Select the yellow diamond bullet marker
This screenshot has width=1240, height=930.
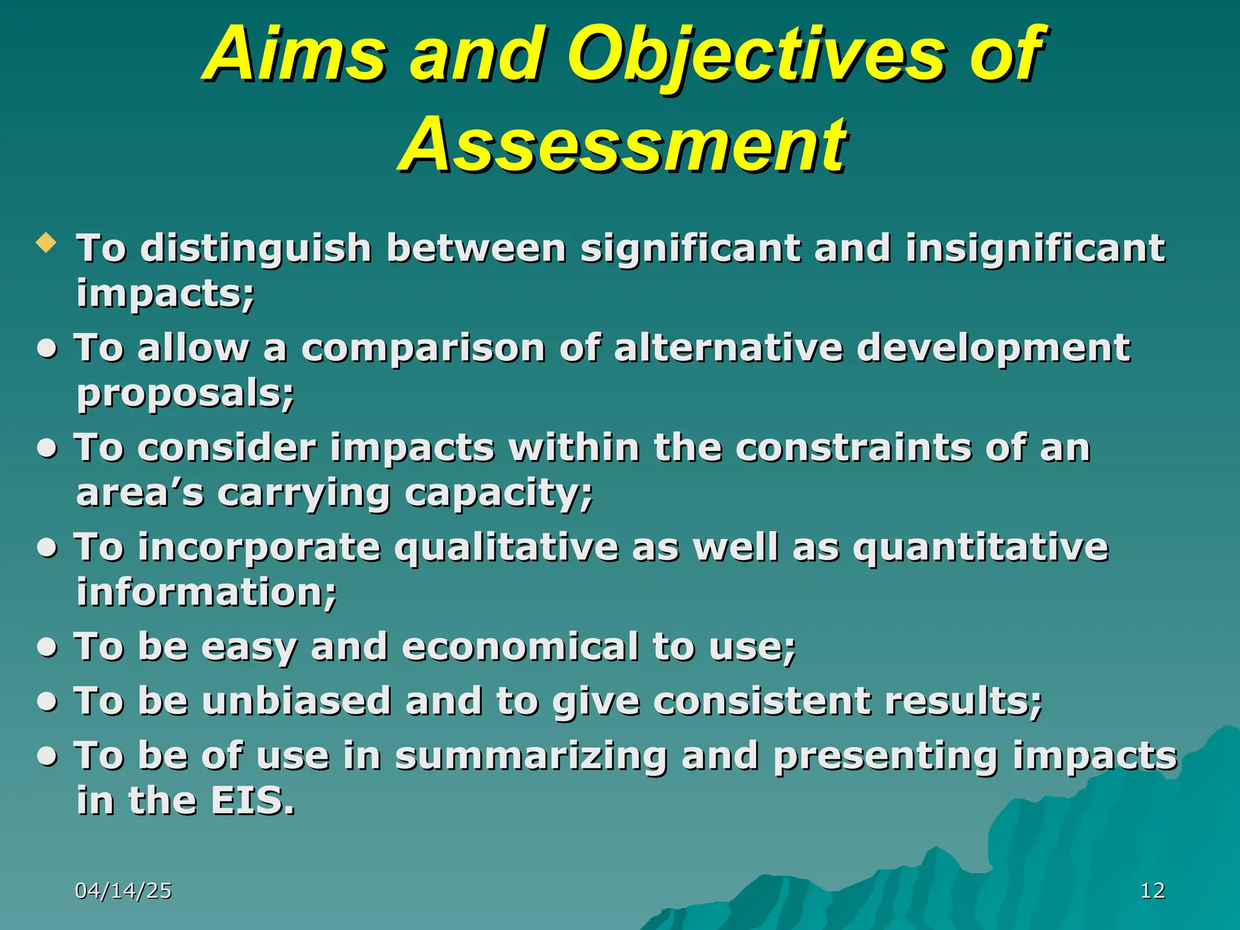pos(46,243)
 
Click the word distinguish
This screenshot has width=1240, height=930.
pos(256,249)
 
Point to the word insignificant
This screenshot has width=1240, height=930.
pos(1035,249)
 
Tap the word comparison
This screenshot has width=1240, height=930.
pos(423,349)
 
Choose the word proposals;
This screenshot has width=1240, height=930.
pos(185,395)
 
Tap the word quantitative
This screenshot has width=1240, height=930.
pos(981,548)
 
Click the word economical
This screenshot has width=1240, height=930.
pos(520,647)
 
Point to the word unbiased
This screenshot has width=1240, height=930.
pos(296,701)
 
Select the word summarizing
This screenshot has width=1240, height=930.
pos(531,757)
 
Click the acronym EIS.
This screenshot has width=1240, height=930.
pos(252,801)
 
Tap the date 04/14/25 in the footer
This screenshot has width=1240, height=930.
pos(124,891)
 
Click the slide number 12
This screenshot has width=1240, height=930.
pos(1152,891)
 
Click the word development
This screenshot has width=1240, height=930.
pos(994,349)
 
